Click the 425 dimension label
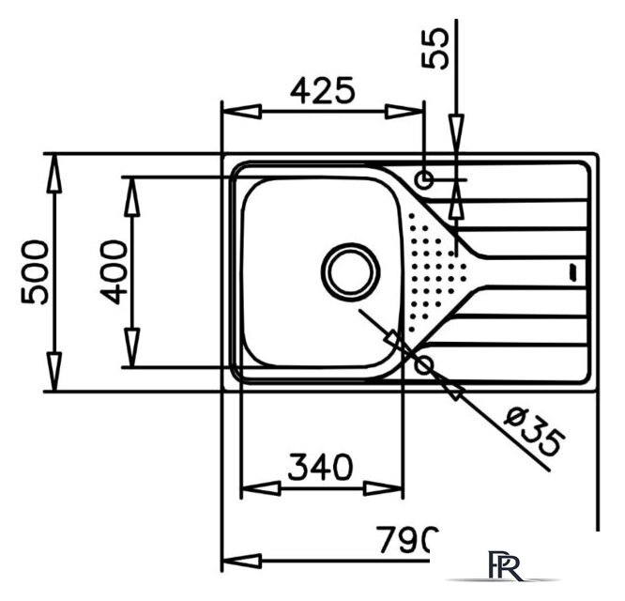tap(322, 90)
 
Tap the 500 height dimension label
tap(35, 272)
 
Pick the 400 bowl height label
tap(114, 272)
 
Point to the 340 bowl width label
tap(320, 467)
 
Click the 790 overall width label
tap(407, 540)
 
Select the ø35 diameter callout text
tap(535, 432)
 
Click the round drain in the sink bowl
tap(350, 272)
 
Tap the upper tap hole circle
tap(424, 180)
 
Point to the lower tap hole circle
tap(424, 365)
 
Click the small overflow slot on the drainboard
tap(572, 272)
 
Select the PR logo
tap(505, 566)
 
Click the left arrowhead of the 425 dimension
tap(241, 112)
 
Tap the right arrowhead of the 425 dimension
tap(404, 112)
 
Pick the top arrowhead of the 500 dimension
tap(54, 174)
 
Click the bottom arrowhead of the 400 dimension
tap(132, 347)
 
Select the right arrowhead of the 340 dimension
tap(383, 488)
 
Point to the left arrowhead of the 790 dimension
tap(241, 562)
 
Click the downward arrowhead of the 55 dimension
tap(457, 134)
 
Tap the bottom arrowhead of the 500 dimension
tap(54, 371)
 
